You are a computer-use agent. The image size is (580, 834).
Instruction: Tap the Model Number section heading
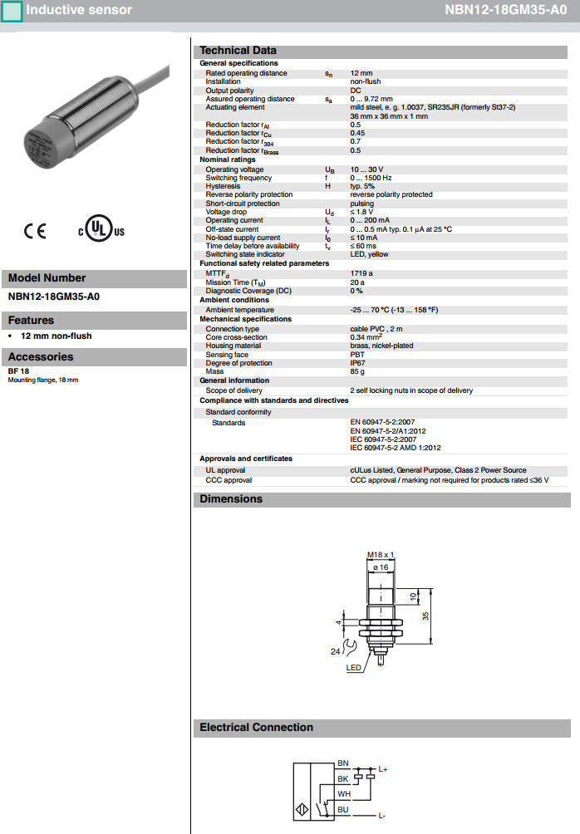(47, 278)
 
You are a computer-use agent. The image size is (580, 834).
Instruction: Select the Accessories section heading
(41, 357)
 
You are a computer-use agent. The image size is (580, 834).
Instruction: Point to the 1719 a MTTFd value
(361, 273)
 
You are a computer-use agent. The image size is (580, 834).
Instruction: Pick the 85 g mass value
(357, 371)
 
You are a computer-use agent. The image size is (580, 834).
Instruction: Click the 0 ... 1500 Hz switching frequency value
(371, 178)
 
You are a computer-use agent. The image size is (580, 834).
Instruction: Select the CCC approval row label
(229, 480)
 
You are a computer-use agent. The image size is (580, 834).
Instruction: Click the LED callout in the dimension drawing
(353, 668)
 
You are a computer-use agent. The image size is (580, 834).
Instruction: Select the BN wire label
(343, 763)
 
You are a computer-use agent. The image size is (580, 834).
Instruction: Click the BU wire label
(343, 808)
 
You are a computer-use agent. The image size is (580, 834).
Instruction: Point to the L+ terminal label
(383, 769)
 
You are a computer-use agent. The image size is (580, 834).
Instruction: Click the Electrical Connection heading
(256, 728)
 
